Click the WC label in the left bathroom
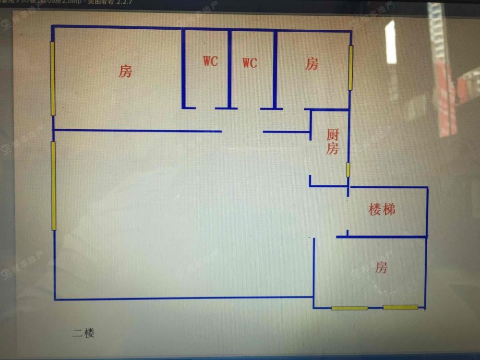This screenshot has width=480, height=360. point(210,61)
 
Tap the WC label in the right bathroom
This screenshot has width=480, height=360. point(250,63)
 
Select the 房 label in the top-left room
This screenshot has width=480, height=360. point(125,72)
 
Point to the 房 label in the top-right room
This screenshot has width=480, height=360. point(312,64)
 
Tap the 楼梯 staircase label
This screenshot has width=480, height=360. point(382,209)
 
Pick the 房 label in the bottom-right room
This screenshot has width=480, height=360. point(381,267)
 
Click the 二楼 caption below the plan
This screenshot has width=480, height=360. point(84,333)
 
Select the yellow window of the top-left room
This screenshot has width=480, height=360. point(53,78)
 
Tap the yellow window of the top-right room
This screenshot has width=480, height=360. point(351,68)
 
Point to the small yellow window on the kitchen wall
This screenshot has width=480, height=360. point(348,170)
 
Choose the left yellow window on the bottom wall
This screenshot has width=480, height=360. point(349,308)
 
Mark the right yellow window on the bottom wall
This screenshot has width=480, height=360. point(400,307)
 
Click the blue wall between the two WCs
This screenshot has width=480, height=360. point(229,70)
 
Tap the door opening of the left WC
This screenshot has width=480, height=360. point(205,108)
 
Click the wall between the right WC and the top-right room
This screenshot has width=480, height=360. point(275,70)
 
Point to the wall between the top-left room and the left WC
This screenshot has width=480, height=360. point(183,70)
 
